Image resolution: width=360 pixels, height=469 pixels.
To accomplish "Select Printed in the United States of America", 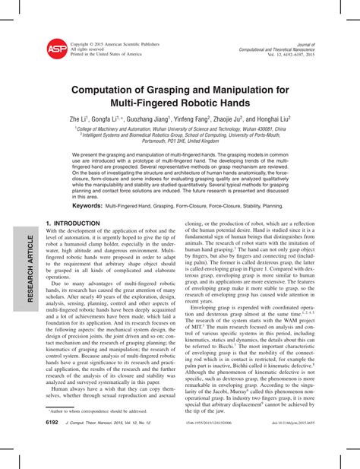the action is (106, 55).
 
